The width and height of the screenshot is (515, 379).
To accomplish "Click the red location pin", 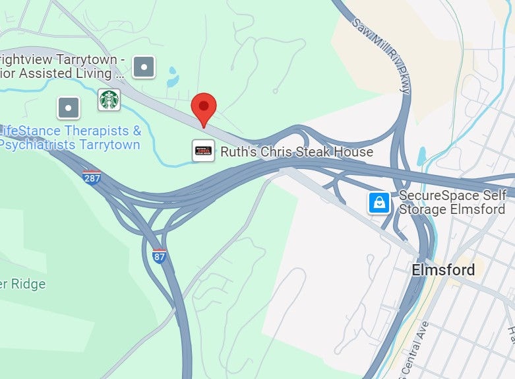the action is pyautogui.click(x=204, y=108).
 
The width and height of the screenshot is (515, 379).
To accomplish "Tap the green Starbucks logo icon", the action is pyautogui.click(x=109, y=100).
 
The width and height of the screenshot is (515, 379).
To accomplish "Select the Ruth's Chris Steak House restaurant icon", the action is pyautogui.click(x=203, y=151).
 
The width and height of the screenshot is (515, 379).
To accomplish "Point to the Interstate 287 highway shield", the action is pyautogui.click(x=92, y=178).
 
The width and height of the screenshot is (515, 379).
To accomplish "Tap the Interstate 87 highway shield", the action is pyautogui.click(x=159, y=256).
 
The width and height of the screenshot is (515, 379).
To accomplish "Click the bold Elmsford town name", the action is pyautogui.click(x=442, y=270).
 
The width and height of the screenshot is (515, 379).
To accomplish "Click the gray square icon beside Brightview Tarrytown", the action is pyautogui.click(x=144, y=66).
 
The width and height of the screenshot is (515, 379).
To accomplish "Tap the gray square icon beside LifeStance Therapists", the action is pyautogui.click(x=69, y=108).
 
